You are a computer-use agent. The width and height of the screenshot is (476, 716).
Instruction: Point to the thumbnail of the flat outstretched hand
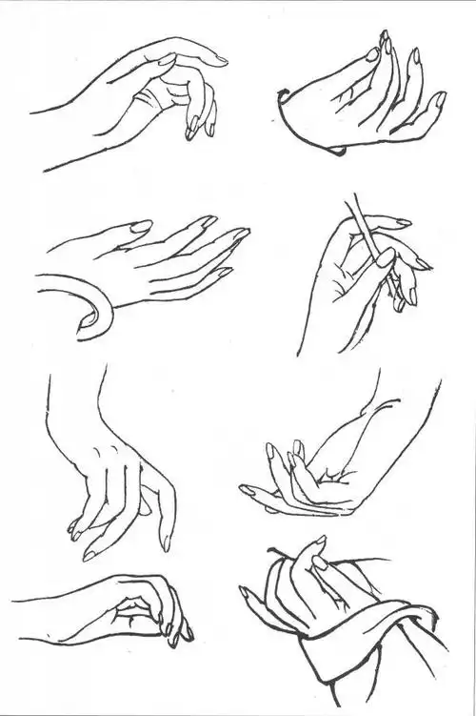click(140, 227)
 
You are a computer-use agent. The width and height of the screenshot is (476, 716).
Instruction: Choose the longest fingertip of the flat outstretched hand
click(242, 232)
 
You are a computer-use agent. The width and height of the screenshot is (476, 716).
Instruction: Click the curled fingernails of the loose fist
click(176, 630)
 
